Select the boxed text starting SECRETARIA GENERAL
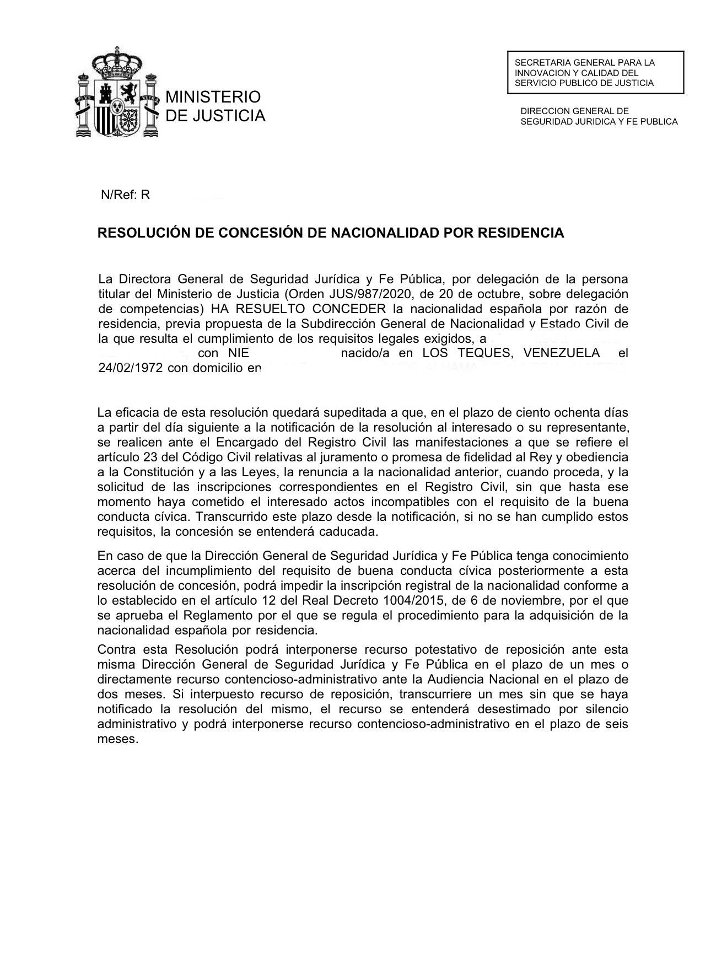595,73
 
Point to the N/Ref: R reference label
126,195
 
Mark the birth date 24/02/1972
131,368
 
